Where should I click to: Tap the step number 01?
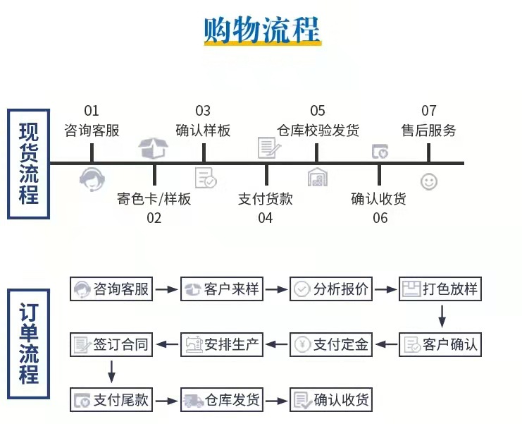pos(92,111)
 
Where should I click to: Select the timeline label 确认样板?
pos(203,131)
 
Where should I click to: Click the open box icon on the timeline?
pos(154,147)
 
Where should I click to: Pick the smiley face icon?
pos(428,181)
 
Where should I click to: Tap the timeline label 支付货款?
pos(266,199)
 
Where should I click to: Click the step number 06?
pos(380,218)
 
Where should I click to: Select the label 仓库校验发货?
pos(318,131)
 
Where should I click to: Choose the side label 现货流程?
pos(29,163)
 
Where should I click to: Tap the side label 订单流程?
pos(29,344)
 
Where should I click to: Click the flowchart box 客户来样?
pos(222,289)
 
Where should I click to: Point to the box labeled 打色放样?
pos(441,289)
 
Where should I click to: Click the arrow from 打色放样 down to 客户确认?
pos(442,316)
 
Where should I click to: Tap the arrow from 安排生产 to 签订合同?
pos(167,344)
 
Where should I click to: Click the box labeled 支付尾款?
pos(112,400)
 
